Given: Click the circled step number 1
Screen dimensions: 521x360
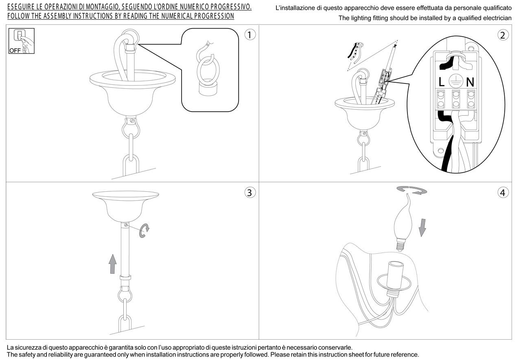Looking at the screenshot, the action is pos(250,35).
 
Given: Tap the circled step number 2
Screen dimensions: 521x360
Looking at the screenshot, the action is pos(503,35).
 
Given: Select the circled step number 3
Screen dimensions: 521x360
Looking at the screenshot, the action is pos(250,193).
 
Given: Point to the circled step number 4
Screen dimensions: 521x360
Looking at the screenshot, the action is pos(503,193).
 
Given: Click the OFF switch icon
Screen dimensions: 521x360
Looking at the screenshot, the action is pos(22,41).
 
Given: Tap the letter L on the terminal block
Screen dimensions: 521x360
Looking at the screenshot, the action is pos(441,82).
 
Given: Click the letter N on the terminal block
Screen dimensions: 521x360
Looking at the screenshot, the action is pos(470,82).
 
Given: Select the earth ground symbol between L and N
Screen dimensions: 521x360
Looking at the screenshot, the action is pos(455,81).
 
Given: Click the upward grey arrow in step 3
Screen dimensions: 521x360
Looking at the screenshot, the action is pos(113,264).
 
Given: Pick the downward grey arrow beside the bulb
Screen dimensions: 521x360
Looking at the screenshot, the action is pos(422,228).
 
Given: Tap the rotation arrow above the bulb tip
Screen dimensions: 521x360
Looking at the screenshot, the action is pos(412,190).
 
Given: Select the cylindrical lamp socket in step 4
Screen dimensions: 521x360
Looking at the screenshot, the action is pos(395,275).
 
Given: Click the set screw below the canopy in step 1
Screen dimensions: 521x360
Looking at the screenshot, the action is pos(132,121).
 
